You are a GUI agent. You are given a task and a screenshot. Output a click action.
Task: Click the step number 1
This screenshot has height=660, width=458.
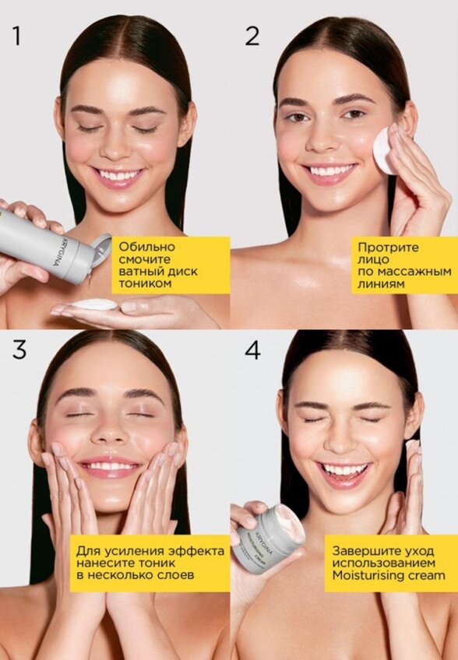tap(17, 36)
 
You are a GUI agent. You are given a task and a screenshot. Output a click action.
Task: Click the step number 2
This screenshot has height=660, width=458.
tap(252, 36)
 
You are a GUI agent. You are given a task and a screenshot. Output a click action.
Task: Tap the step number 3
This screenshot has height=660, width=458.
tap(19, 349)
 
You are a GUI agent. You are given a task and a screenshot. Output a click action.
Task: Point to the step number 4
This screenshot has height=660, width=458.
tap(252, 349)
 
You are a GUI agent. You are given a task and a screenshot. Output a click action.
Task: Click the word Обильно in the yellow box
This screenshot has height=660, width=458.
tap(147, 247)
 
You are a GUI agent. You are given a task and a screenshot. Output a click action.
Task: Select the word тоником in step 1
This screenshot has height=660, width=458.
tap(146, 283)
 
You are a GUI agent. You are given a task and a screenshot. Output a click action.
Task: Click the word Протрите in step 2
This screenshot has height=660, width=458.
tap(388, 247)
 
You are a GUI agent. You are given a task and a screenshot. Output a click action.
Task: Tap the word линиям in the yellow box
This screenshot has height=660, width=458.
tap(381, 284)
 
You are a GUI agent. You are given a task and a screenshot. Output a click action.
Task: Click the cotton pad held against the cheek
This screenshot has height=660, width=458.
tap(385, 150)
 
